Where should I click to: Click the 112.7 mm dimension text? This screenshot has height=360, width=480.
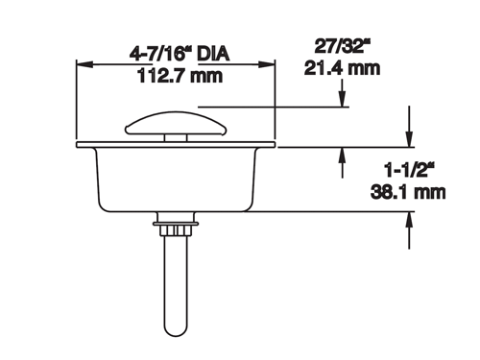point(180,76)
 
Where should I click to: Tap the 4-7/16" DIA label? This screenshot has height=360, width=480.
point(180,54)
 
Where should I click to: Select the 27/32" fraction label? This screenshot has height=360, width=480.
point(343,46)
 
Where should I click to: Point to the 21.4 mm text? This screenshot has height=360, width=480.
point(342,68)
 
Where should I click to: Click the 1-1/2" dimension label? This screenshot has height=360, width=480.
point(410,170)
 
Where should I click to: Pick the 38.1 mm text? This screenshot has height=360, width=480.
point(408,192)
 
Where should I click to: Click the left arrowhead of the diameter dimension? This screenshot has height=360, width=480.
point(84,64)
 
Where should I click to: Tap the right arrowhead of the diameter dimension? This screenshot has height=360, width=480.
point(267,64)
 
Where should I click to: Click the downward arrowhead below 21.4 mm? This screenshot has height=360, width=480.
point(343,99)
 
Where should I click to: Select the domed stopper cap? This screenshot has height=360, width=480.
point(176,123)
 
